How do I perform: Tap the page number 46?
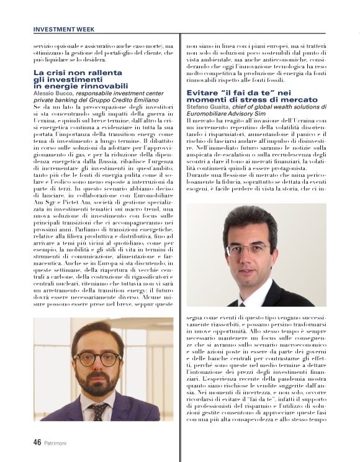point(38,442)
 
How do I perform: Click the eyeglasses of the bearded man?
point(97,358)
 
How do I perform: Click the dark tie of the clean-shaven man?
point(254,302)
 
